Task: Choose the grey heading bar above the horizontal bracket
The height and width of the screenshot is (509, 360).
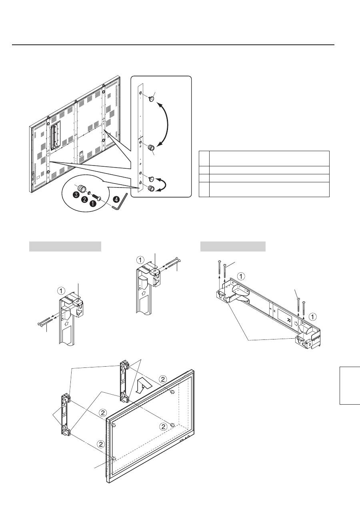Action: tap(233, 247)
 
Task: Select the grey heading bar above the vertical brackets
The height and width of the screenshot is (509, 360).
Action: tap(65, 247)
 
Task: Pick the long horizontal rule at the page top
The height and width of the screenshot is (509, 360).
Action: tap(173, 45)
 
